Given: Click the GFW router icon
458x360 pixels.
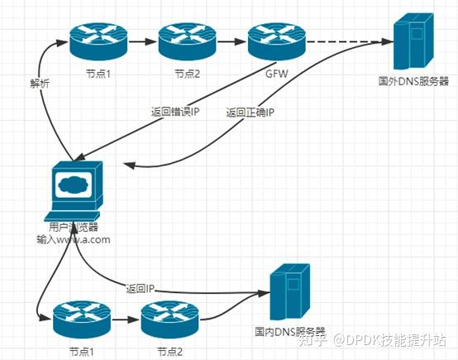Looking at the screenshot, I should pos(277,39).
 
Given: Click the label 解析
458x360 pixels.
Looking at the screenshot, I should pos(39,83).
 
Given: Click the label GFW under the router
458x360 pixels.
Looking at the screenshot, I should pos(277,74).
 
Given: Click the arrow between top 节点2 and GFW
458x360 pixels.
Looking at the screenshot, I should pos(231,40).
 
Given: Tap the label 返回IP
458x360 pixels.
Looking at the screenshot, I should pos(141,289).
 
